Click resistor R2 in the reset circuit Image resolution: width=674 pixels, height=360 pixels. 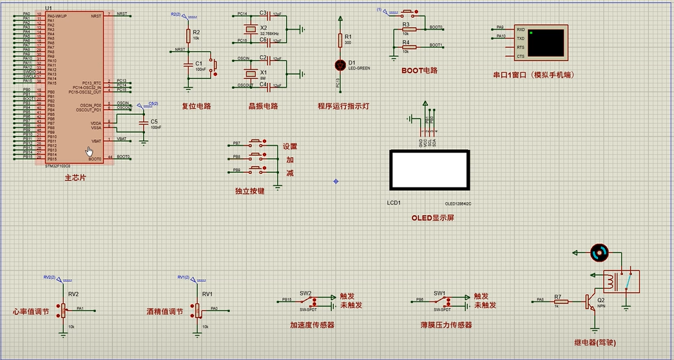(x=188, y=34)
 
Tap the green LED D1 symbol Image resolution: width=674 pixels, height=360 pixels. (x=340, y=64)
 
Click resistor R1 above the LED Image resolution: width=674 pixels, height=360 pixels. (x=340, y=40)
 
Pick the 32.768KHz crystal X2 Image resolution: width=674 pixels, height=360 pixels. (x=248, y=30)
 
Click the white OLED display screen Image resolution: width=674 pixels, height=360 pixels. (x=428, y=169)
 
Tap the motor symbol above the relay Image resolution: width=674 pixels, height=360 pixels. (x=599, y=252)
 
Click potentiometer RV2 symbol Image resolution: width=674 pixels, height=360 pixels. (x=63, y=310)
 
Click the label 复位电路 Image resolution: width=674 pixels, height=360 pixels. (x=197, y=106)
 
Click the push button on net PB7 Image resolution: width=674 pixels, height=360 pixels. (x=256, y=143)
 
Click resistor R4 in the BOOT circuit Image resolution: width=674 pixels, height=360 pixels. (x=406, y=47)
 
